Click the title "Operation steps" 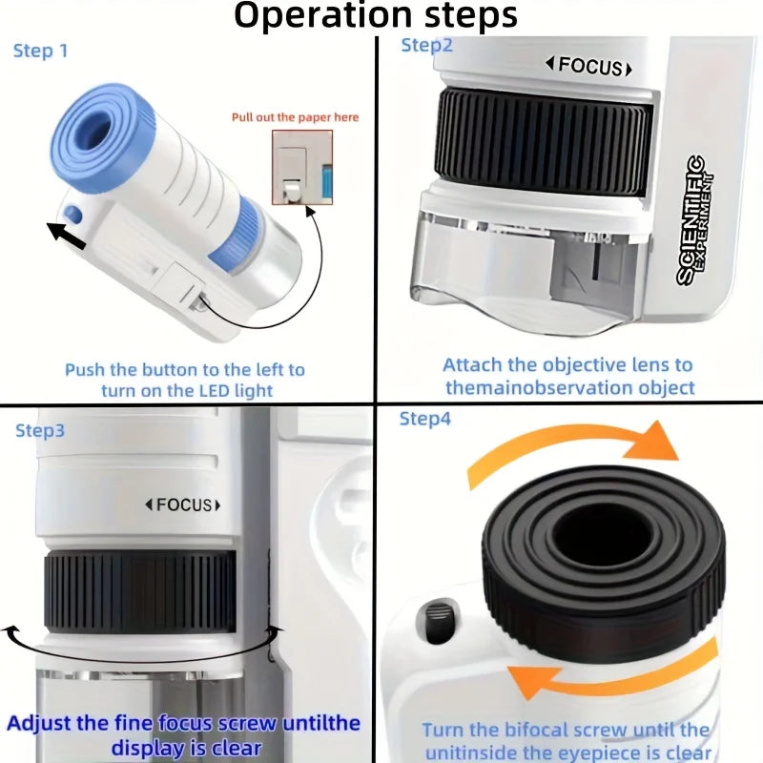376,16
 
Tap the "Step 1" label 41,51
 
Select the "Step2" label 425,45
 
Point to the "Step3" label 40,430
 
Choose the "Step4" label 424,419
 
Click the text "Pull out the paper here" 296,117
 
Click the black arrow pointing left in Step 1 67,234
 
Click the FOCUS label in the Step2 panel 588,67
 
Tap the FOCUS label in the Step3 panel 182,505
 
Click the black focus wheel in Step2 544,139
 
